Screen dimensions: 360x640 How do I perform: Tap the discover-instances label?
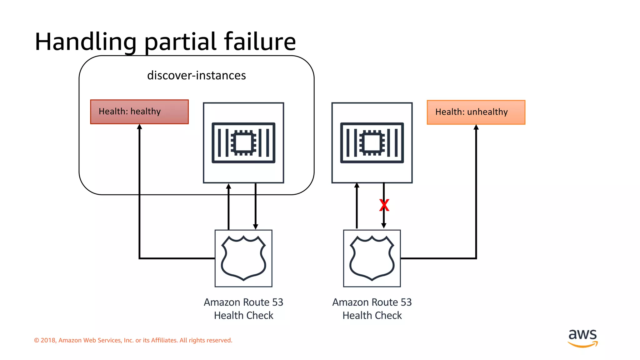pyautogui.click(x=196, y=75)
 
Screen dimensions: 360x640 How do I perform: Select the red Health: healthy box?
pyautogui.click(x=139, y=112)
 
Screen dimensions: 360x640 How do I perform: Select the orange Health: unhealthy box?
pyautogui.click(x=476, y=112)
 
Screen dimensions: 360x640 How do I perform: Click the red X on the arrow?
pyautogui.click(x=384, y=205)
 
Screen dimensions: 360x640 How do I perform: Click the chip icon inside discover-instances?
pyautogui.click(x=243, y=143)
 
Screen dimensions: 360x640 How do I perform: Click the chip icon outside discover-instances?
pyautogui.click(x=372, y=143)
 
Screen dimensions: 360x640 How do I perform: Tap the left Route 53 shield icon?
pyautogui.click(x=243, y=258)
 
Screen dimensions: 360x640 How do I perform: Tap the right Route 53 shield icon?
pyautogui.click(x=372, y=258)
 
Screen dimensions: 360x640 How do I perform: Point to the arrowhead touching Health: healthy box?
pyautogui.click(x=140, y=127)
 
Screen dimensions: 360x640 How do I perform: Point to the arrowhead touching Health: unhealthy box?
pyautogui.click(x=476, y=127)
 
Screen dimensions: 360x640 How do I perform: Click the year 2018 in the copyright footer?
pyautogui.click(x=48, y=340)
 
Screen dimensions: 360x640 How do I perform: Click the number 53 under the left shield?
pyautogui.click(x=277, y=302)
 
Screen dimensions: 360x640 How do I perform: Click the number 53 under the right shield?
pyautogui.click(x=406, y=302)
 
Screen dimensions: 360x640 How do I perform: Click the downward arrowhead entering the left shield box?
pyautogui.click(x=256, y=227)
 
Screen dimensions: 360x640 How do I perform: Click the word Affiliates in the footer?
pyautogui.click(x=164, y=340)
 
